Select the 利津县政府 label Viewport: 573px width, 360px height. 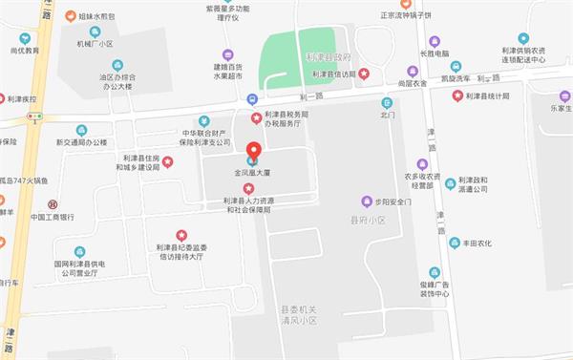pyautogui.click(x=329, y=57)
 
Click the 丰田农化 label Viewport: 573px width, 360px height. pyautogui.click(x=477, y=243)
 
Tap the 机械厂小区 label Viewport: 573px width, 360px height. pyautogui.click(x=95, y=44)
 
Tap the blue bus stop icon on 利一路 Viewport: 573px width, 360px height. pyautogui.click(x=251, y=98)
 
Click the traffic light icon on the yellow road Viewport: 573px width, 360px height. pyautogui.click(x=35, y=116)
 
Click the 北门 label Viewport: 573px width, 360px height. pyautogui.click(x=387, y=115)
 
